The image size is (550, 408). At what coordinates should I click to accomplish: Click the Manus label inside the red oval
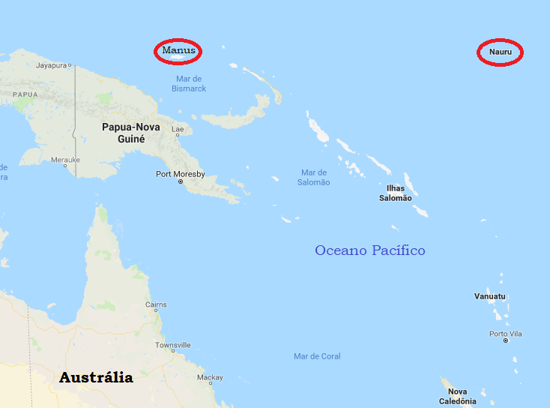click(x=178, y=50)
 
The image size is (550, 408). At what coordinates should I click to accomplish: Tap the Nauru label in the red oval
click(x=500, y=52)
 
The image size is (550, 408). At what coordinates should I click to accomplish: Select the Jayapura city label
click(x=52, y=65)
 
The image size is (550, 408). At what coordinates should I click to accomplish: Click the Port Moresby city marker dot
click(x=181, y=182)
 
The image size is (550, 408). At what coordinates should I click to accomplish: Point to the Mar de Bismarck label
click(x=189, y=83)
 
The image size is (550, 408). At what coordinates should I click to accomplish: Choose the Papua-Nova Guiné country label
click(x=130, y=133)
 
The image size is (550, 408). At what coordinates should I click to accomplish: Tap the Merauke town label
click(x=64, y=160)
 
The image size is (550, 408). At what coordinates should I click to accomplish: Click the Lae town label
click(x=178, y=129)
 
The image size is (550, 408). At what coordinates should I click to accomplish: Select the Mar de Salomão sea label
click(x=314, y=177)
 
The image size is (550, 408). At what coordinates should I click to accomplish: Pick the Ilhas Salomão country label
click(x=395, y=193)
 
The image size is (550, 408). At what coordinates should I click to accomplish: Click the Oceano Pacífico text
click(x=369, y=250)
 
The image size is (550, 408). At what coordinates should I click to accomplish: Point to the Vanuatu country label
click(x=489, y=296)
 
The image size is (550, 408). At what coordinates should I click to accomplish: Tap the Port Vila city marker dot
click(x=506, y=340)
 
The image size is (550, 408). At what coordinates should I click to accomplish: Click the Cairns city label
click(x=156, y=304)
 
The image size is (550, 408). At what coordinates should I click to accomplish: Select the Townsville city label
click(x=172, y=345)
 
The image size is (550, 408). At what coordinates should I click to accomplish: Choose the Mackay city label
click(x=211, y=377)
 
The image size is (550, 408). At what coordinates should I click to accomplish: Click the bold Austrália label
click(x=96, y=377)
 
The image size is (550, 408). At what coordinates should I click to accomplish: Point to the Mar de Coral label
click(x=317, y=356)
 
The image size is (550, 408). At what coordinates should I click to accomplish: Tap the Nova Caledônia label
click(x=457, y=396)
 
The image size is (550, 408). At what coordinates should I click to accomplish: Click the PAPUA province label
click(x=25, y=94)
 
